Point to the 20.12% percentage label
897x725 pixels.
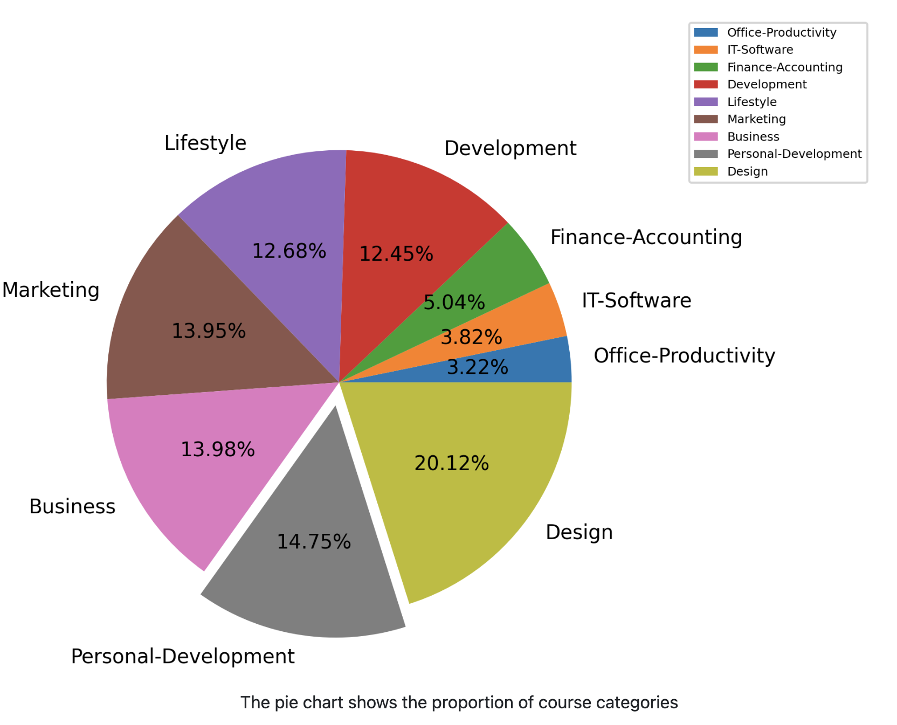[x=451, y=463]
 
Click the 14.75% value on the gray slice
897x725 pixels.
[x=314, y=542]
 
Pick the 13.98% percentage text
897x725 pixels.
[x=217, y=450]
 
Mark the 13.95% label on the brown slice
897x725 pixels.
[x=208, y=331]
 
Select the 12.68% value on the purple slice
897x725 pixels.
[x=289, y=251]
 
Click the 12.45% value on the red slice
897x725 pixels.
[x=396, y=254]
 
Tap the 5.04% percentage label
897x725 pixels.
[x=454, y=303]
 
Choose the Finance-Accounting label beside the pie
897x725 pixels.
[x=646, y=238]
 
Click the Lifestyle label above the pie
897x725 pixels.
[x=205, y=143]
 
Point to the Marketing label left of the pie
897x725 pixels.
[x=51, y=290]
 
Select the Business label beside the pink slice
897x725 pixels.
[x=72, y=507]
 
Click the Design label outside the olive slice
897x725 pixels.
[x=579, y=532]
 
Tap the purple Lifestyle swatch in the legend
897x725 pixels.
[x=706, y=102]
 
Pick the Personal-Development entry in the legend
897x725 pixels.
[x=794, y=154]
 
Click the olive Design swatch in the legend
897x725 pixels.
[x=706, y=171]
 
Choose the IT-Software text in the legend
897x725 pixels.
[x=760, y=50]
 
